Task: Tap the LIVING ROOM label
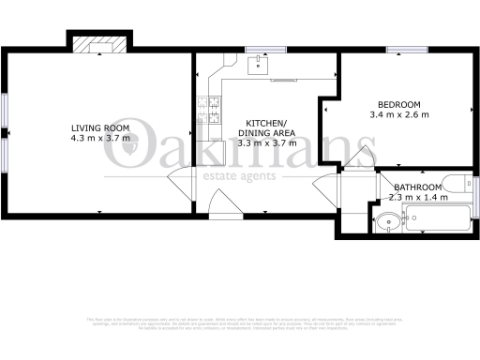point(100,127)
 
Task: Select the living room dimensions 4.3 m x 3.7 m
point(100,140)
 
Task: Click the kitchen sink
point(254,65)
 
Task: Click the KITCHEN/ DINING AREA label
point(270,127)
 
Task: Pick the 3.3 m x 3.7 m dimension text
point(270,143)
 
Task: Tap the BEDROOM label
point(398,104)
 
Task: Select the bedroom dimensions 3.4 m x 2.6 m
point(398,115)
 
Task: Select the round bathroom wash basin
point(386,223)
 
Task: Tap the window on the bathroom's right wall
point(475,192)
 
